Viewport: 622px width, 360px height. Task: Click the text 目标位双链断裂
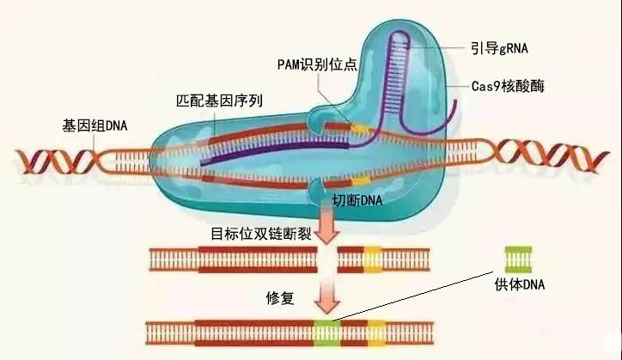coord(259,233)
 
